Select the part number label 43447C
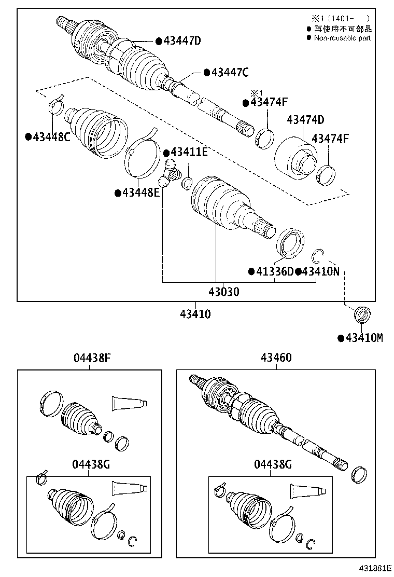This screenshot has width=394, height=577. click(230, 72)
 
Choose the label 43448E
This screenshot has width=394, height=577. click(141, 193)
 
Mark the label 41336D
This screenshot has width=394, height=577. click(274, 271)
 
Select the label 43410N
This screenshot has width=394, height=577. click(320, 271)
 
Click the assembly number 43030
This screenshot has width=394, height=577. click(224, 292)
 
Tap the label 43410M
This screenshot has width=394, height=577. click(364, 338)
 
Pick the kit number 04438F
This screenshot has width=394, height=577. click(91, 358)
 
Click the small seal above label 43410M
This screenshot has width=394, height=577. click(361, 314)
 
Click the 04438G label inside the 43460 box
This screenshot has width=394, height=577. click(273, 464)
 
